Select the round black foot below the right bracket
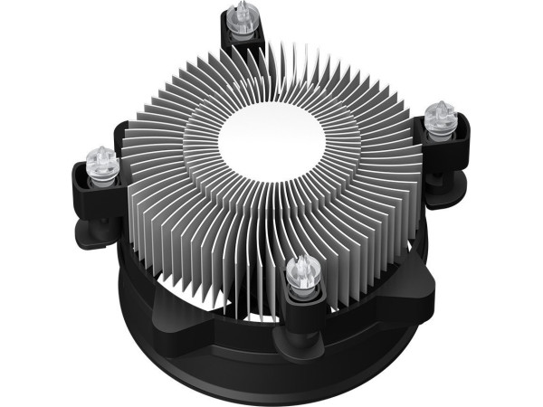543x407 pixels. pos(452,186)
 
